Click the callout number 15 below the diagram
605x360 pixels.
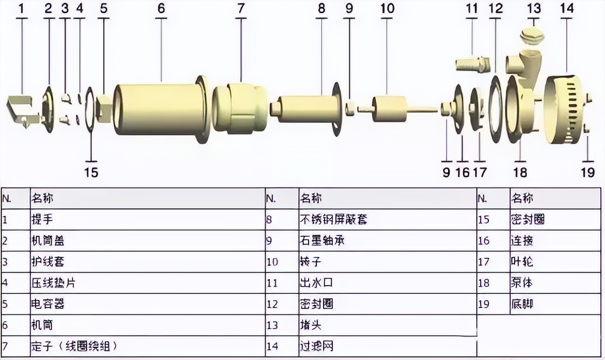point(91,172)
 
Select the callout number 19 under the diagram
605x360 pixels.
point(588,172)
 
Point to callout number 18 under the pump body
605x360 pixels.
point(520,172)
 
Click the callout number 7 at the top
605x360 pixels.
point(241,9)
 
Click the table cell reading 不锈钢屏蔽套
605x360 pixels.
point(334,219)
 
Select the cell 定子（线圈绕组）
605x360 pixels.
point(74,346)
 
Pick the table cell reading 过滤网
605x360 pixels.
point(317,346)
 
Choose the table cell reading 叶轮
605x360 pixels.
point(522,262)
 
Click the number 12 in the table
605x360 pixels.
point(272,304)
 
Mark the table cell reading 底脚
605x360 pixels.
point(522,304)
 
